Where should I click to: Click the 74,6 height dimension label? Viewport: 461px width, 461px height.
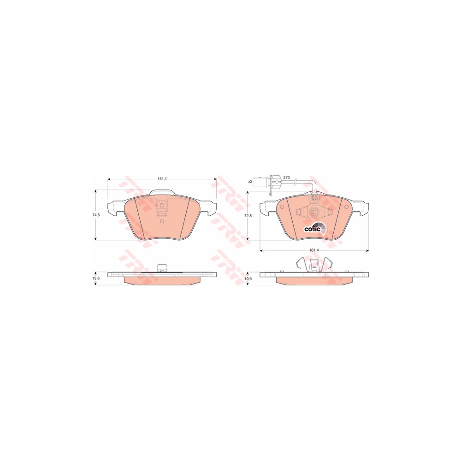[x=96, y=215]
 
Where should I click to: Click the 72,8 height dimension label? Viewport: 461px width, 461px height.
[x=248, y=215]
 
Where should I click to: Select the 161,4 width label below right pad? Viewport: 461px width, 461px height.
[x=314, y=250]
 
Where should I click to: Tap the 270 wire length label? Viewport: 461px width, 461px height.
[x=286, y=177]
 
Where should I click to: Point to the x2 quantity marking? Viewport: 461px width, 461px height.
[x=250, y=181]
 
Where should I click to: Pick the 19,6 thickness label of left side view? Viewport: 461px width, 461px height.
[x=96, y=278]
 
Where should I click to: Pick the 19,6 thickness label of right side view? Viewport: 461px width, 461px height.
[x=248, y=278]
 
